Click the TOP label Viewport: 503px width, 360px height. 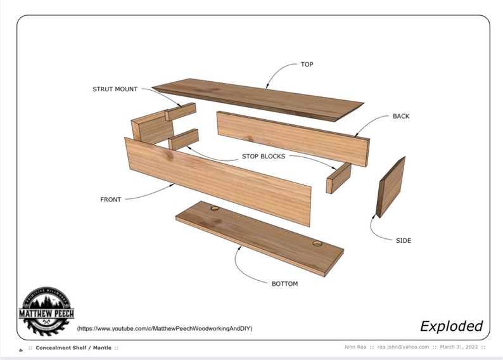307,65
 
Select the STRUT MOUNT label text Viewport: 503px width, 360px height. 115,89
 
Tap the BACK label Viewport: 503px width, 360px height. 401,117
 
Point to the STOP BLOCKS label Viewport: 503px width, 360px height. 263,156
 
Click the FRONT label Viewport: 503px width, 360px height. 110,200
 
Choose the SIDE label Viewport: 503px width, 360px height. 403,240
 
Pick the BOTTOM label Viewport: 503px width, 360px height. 284,283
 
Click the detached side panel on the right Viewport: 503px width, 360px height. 390,187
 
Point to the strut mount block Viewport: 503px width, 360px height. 181,112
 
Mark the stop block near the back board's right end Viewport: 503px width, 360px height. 338,178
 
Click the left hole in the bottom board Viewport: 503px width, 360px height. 214,208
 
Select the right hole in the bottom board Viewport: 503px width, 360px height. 317,243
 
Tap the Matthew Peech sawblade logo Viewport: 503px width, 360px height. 46,311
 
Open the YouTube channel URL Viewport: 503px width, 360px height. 165,329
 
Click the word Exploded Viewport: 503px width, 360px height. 451,326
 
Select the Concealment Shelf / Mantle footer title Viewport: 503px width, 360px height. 76,348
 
